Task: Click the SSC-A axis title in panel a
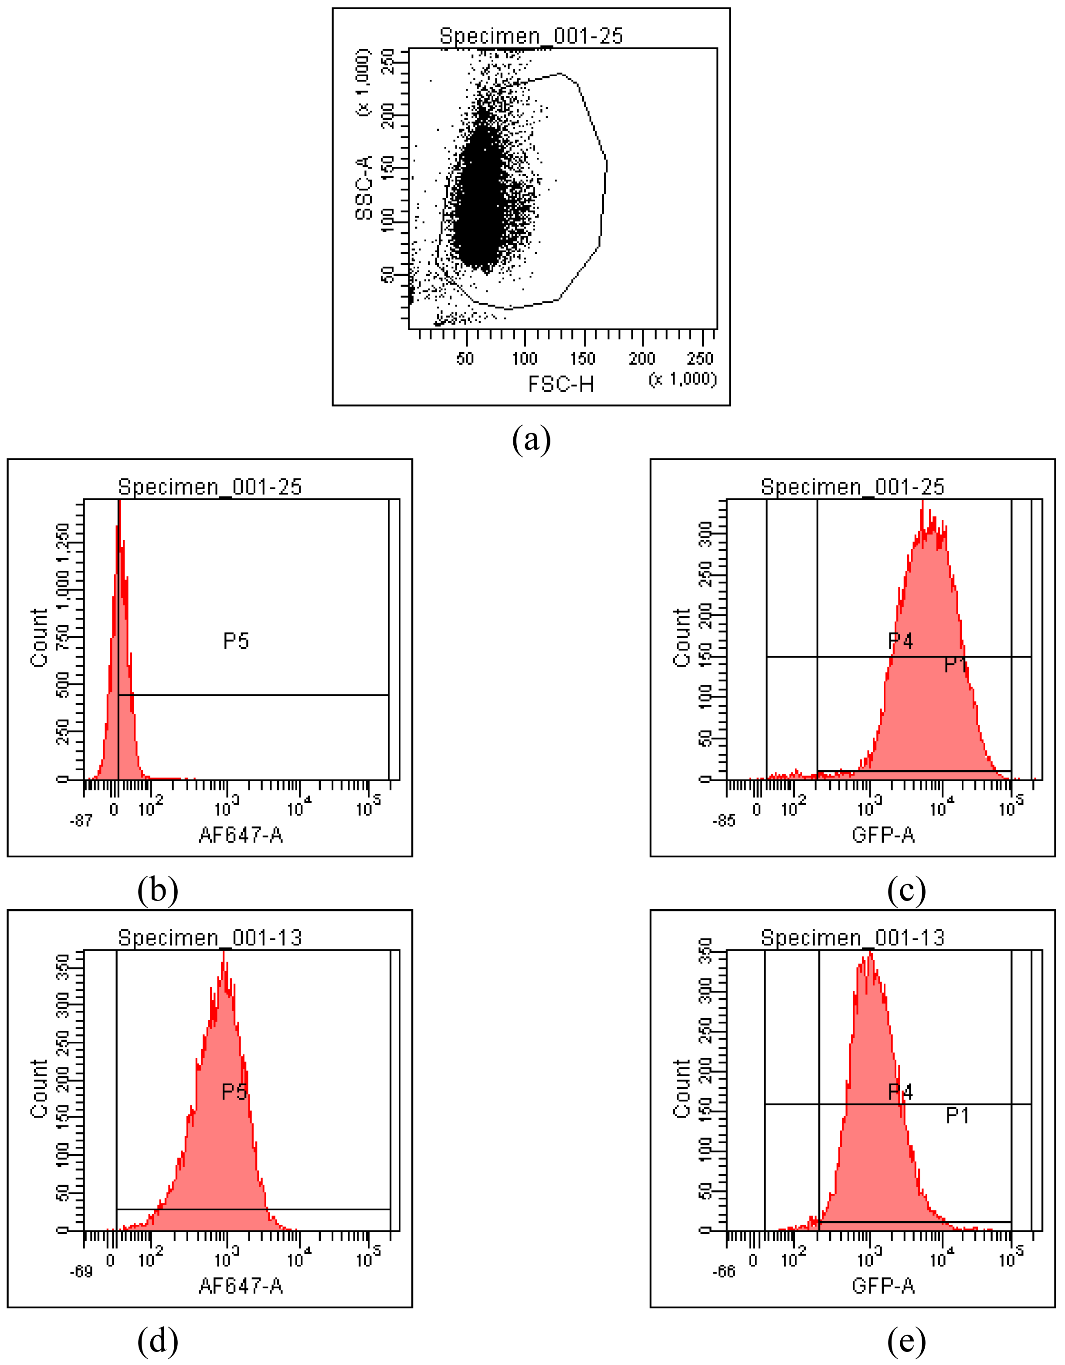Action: point(364,187)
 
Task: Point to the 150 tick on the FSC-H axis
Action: point(583,358)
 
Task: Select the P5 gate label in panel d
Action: point(234,1091)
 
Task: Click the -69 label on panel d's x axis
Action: point(81,1271)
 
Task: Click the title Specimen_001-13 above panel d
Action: point(210,938)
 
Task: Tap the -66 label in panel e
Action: point(724,1271)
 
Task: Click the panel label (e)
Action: point(906,1341)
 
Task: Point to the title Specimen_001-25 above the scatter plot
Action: point(531,36)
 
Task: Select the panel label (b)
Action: point(157,890)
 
